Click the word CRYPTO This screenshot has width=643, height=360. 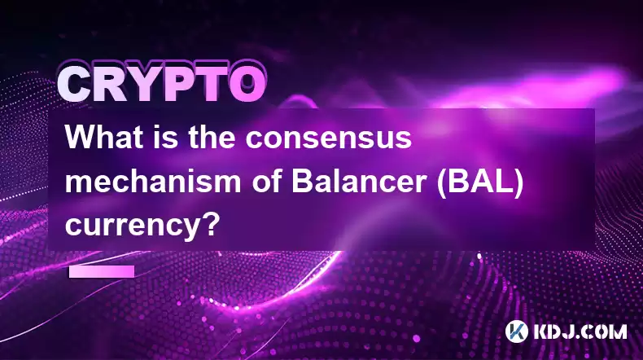[x=162, y=84]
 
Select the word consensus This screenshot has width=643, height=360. [x=329, y=139]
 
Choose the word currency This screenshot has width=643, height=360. [x=133, y=226]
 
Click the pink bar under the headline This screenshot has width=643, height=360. [x=102, y=271]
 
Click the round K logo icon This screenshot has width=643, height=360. [x=517, y=331]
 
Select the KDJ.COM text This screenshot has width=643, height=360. [x=580, y=331]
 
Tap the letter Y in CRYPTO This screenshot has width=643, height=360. [x=145, y=84]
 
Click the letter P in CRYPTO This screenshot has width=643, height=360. [x=178, y=84]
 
